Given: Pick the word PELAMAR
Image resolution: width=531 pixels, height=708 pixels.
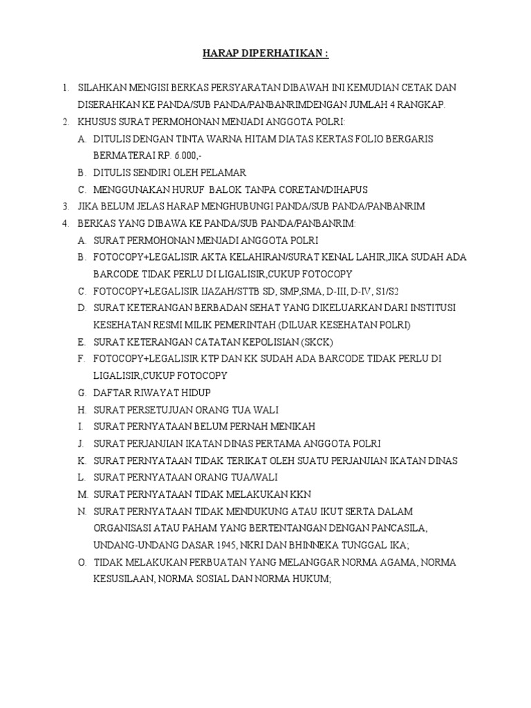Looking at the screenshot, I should (223, 172).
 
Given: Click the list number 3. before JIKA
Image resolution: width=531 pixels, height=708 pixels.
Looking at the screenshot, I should (65, 206).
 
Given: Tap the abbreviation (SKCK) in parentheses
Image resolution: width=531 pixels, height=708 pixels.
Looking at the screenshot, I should (310, 342).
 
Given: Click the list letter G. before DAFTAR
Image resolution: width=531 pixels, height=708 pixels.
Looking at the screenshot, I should (82, 393).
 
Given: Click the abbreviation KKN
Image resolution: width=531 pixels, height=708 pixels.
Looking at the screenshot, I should (301, 494).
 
